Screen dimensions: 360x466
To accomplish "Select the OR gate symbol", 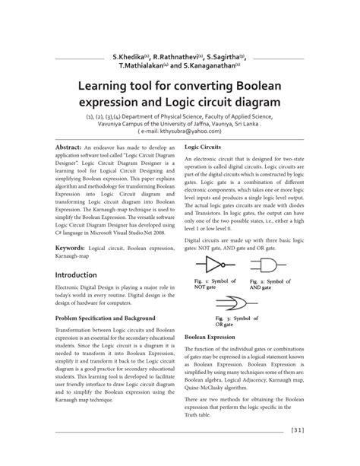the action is tap(232, 300).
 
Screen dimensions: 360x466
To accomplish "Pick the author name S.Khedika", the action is tap(129, 56).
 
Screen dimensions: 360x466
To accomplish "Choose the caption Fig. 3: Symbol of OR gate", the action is tap(233, 321).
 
